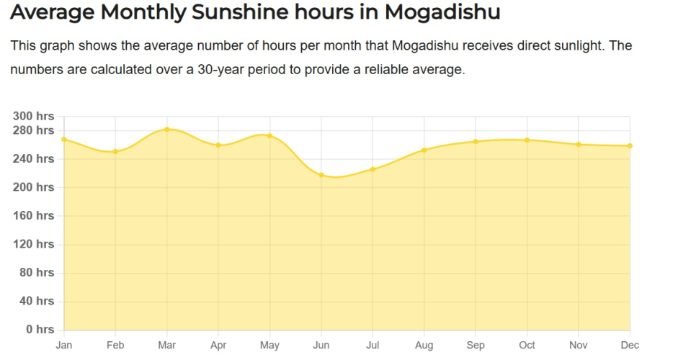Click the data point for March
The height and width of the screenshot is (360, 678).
click(x=167, y=130)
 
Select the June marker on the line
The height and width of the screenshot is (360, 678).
click(x=321, y=175)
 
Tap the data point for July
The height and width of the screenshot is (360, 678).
click(x=373, y=169)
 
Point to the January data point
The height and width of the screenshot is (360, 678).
click(x=64, y=139)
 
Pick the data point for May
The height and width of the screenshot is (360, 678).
click(x=269, y=135)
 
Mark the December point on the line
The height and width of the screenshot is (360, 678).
click(x=630, y=146)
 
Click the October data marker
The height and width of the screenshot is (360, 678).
click(x=527, y=140)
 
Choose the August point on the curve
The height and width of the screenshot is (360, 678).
click(x=424, y=150)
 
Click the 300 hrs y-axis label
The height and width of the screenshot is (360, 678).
click(x=34, y=116)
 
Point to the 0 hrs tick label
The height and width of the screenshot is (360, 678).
click(x=40, y=330)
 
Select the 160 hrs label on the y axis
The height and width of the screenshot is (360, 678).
click(x=34, y=215)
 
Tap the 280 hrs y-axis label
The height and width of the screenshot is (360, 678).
click(x=34, y=130)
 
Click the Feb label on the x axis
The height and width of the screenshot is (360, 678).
click(x=115, y=346)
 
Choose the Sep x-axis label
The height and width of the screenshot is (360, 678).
click(x=476, y=346)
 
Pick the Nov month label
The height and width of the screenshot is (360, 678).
click(x=579, y=346)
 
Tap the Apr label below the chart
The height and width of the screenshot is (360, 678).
click(x=218, y=346)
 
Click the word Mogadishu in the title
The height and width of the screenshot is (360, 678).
click(x=442, y=13)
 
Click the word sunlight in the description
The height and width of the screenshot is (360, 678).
click(x=575, y=46)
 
